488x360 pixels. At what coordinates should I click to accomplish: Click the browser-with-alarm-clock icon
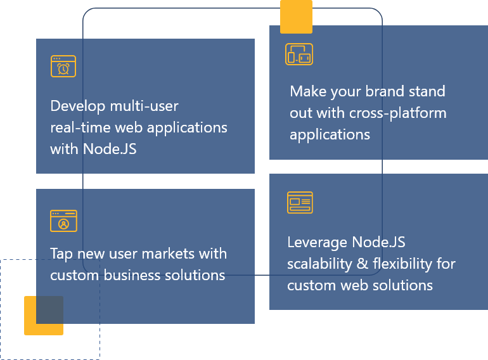coord(63,67)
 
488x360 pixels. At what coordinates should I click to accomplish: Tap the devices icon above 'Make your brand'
coord(299,55)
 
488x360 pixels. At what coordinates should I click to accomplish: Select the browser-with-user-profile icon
coord(63,221)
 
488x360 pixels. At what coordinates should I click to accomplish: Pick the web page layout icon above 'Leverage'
coord(300,203)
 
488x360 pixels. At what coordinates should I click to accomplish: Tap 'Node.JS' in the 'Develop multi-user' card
coord(110,149)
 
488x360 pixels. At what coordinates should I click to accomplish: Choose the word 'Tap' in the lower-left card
coord(62,254)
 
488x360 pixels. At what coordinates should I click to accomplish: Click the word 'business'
coord(132,275)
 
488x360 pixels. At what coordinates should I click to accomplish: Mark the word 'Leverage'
coord(317,243)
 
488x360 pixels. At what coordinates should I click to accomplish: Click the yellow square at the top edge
coord(296,16)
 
